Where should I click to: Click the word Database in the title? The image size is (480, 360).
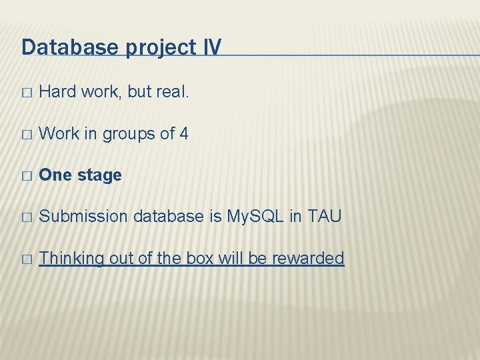pyautogui.click(x=62, y=47)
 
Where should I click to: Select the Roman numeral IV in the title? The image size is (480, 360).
pyautogui.click(x=210, y=47)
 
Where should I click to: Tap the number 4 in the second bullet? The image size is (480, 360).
pyautogui.click(x=184, y=133)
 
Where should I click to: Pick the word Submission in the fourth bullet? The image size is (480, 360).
pyautogui.click(x=84, y=217)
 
